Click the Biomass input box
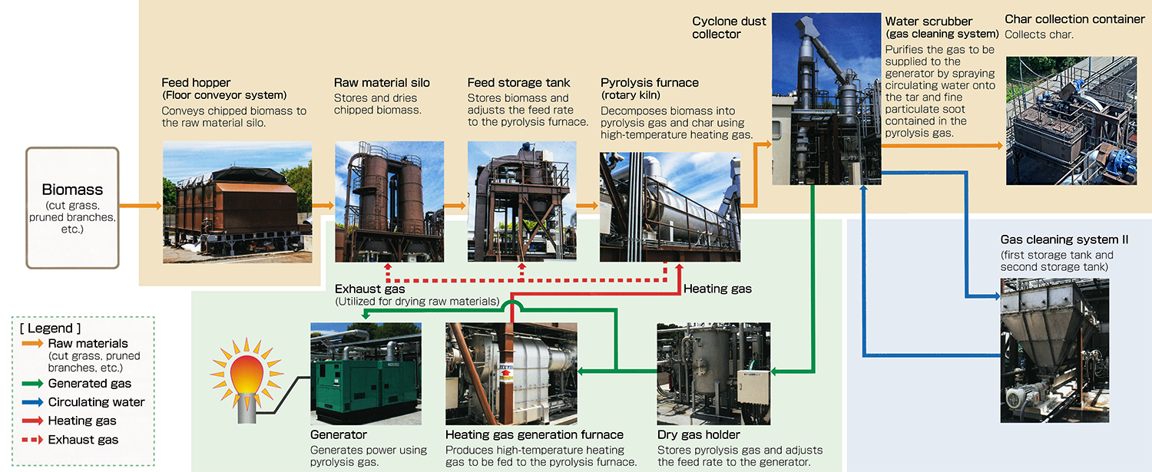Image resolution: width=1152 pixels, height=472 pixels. pos(72,207)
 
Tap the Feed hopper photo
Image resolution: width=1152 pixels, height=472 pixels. pos(237,202)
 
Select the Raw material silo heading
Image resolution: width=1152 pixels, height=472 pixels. pos(382,83)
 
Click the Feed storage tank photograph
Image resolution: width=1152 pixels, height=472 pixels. pos(521,201)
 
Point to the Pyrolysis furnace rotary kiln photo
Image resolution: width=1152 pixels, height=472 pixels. pos(670,206)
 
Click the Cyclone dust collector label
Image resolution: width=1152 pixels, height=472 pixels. pos(729,28)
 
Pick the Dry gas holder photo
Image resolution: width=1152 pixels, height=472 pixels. pos(713,373)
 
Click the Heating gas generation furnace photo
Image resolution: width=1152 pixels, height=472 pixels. pos(511,373)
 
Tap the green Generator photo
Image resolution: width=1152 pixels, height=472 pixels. pos(366,373)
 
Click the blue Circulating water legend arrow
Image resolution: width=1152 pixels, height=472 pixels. pos(31,402)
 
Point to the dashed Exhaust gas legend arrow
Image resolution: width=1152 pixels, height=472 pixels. pos(31,440)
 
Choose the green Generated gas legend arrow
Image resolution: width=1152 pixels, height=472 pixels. pos(31,383)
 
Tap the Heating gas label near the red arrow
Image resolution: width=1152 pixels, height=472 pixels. pos(717,289)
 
